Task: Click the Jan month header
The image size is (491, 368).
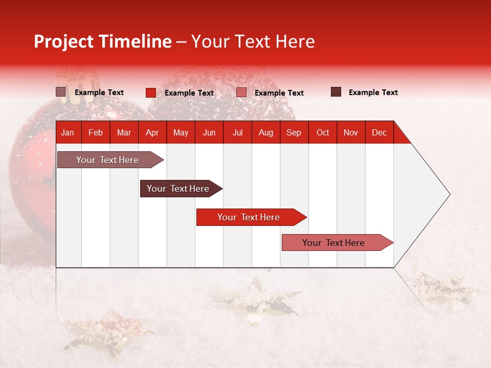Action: point(68,132)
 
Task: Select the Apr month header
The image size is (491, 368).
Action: point(152,132)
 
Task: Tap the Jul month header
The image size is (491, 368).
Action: point(237,132)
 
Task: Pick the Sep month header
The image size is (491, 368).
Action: point(294,132)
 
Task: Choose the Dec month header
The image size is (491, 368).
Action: point(379,132)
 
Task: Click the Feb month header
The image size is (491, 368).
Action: point(96,132)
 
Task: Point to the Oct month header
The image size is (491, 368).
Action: point(323,132)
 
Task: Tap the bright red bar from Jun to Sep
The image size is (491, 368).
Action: point(249,217)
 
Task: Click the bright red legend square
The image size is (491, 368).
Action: point(151,93)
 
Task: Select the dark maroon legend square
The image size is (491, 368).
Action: point(336,92)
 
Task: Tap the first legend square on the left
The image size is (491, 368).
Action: point(61,92)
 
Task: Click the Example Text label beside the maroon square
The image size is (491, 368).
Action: point(373,93)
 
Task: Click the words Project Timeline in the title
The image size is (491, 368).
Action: point(102,41)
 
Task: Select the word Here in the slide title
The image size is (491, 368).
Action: point(295,41)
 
